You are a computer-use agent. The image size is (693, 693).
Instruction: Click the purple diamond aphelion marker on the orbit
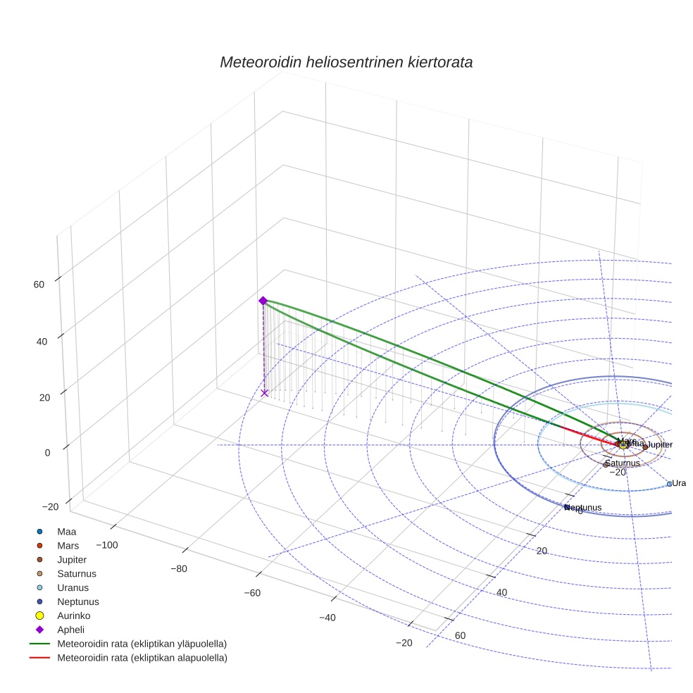[263, 301]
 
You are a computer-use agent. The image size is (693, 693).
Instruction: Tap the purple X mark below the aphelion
[265, 393]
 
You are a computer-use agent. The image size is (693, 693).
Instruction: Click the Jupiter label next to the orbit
[660, 445]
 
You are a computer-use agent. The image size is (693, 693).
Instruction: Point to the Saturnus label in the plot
[623, 463]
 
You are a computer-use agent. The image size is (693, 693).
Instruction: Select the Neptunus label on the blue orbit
[584, 507]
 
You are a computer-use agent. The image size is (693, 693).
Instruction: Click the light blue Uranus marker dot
[669, 484]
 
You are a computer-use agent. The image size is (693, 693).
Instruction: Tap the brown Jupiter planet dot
[645, 447]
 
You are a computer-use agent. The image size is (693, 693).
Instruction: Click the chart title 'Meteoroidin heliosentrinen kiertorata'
[346, 62]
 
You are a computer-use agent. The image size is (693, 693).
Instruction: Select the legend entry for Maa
[67, 532]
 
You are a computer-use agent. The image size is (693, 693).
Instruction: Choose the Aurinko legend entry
[73, 616]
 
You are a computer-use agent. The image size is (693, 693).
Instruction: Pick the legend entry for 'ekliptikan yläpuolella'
[142, 644]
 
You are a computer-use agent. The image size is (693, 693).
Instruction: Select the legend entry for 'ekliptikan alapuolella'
[142, 658]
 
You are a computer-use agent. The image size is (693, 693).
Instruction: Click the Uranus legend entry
[73, 587]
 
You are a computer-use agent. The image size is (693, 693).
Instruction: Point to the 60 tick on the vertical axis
[39, 285]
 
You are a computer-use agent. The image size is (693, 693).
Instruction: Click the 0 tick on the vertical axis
[47, 453]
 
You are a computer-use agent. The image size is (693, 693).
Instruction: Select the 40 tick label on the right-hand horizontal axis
[501, 593]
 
